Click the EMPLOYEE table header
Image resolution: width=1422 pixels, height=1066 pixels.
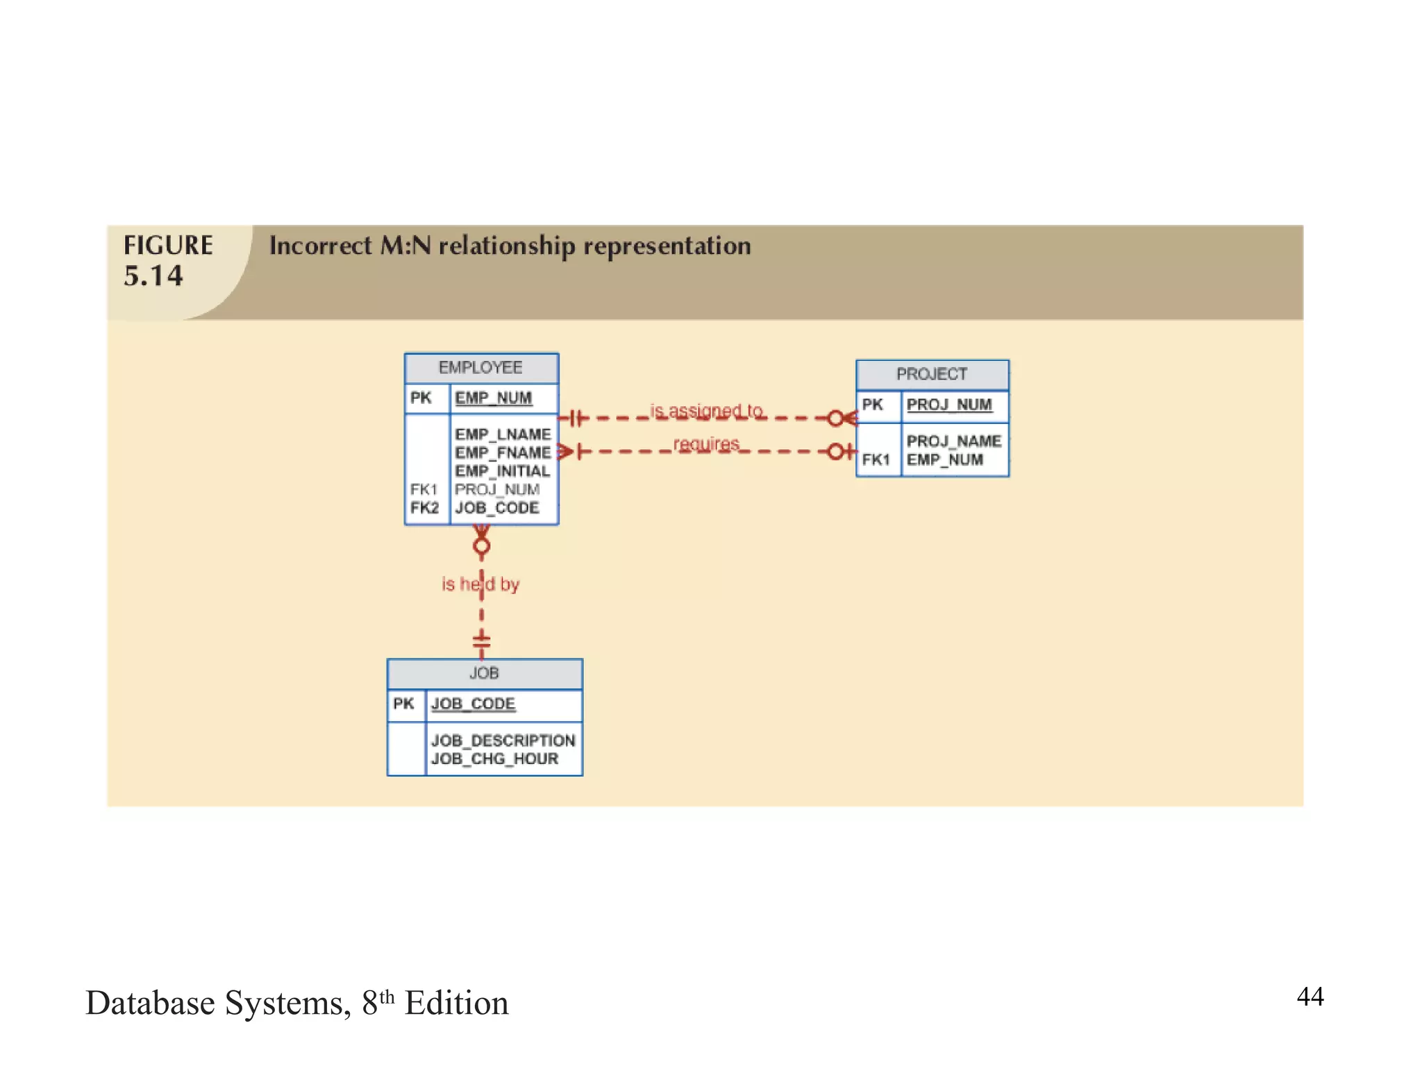click(480, 368)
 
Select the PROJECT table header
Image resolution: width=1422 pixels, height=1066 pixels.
click(931, 374)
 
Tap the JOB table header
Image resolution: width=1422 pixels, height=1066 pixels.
click(484, 673)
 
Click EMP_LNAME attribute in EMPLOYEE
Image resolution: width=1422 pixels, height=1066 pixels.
click(503, 434)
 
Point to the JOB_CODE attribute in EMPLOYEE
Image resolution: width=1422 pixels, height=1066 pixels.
click(497, 508)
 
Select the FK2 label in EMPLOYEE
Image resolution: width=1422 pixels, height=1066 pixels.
click(424, 508)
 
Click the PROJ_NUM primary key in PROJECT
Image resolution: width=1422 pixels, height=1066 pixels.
click(948, 405)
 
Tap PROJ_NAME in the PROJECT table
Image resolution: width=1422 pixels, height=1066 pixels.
click(953, 441)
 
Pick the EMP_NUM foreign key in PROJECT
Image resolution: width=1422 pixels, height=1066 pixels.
click(944, 460)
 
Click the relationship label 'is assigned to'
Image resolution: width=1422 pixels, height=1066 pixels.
click(705, 411)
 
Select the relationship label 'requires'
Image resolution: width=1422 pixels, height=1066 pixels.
click(705, 443)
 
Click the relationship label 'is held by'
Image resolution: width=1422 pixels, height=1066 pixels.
click(480, 584)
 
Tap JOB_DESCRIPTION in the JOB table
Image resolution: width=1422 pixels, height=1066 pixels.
click(503, 741)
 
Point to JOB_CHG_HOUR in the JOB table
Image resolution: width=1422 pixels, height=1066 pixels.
click(494, 759)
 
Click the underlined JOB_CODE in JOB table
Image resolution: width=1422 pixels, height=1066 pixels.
click(473, 704)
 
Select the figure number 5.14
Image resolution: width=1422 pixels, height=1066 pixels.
click(153, 276)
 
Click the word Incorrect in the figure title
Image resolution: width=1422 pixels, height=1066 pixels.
click(320, 246)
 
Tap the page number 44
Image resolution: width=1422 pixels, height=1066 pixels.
click(1310, 997)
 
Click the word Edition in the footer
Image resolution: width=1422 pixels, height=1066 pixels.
click(456, 1004)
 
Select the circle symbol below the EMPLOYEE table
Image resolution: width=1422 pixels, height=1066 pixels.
click(481, 547)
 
